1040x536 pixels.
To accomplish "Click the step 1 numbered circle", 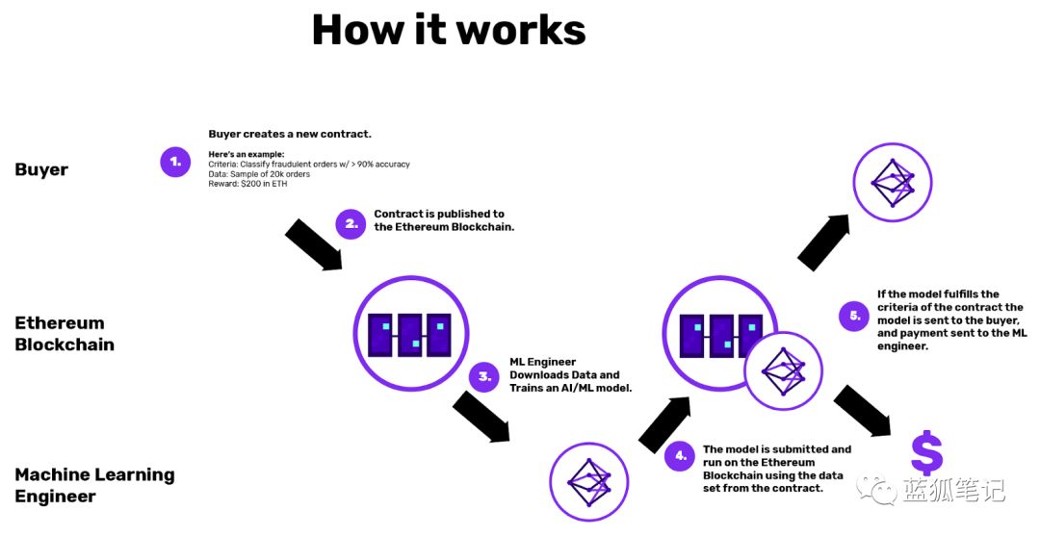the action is [x=175, y=162].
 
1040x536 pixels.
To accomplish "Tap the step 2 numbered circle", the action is [x=351, y=224].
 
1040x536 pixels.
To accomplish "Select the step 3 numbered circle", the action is [x=484, y=376].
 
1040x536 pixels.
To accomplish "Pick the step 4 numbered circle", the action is [x=680, y=456].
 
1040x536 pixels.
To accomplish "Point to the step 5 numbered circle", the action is [x=854, y=316].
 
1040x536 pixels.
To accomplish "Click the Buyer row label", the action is [x=41, y=169].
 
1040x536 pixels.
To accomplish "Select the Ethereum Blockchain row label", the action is [x=65, y=333].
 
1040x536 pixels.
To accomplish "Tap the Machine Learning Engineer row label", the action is [x=94, y=485].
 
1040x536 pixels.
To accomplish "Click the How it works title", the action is [x=449, y=30].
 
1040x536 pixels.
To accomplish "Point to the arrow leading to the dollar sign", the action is [x=863, y=411].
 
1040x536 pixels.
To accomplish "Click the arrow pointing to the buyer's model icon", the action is [x=823, y=242].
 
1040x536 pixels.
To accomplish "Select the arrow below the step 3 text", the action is [x=481, y=416].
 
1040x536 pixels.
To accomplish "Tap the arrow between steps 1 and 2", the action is [x=314, y=243].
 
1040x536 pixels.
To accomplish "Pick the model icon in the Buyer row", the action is [x=892, y=182].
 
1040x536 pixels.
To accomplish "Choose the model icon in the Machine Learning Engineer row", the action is [x=589, y=482].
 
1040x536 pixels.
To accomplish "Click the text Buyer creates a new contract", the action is [x=290, y=134].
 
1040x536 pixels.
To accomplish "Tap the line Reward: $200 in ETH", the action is [x=248, y=184].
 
